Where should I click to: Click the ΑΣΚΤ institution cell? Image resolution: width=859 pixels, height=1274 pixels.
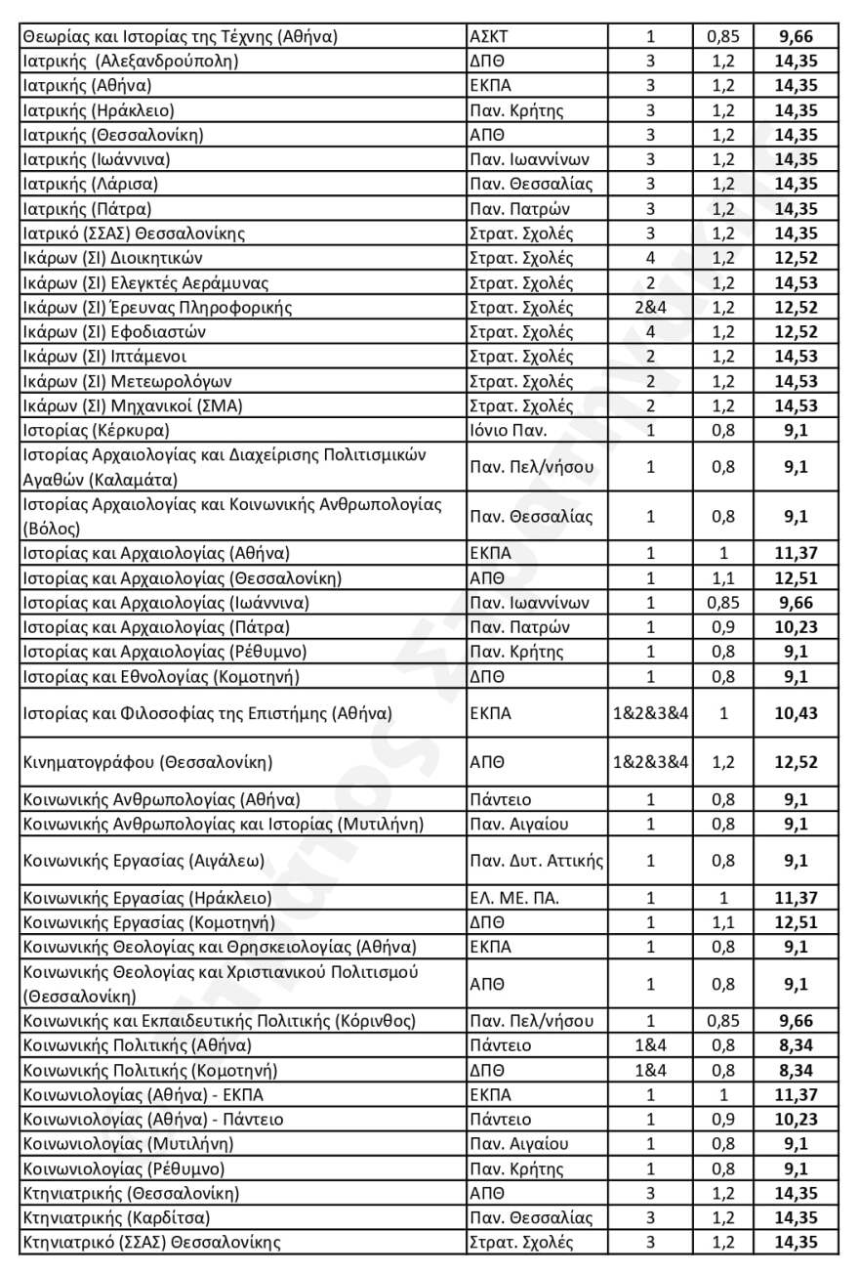click(490, 37)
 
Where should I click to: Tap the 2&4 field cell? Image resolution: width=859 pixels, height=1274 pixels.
click(650, 308)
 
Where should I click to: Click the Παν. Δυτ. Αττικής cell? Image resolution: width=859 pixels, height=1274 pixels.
click(537, 861)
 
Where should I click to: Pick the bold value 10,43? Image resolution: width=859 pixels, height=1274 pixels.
click(796, 714)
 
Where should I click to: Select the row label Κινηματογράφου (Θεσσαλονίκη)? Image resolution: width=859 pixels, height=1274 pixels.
click(146, 761)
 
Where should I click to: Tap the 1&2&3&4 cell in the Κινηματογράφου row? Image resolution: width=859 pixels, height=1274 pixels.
click(650, 761)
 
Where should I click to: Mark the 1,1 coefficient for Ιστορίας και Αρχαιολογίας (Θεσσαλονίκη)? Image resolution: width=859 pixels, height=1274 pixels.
click(723, 577)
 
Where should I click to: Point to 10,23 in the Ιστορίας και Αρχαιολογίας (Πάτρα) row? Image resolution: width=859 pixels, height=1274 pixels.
click(796, 626)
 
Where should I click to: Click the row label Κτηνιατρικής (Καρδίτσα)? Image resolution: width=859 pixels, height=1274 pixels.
click(115, 1217)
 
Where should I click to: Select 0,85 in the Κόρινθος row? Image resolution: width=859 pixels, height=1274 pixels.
click(723, 1021)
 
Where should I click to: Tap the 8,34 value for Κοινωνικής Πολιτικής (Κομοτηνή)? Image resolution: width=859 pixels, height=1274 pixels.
click(796, 1070)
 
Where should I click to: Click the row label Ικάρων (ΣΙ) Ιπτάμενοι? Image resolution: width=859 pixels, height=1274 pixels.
click(103, 357)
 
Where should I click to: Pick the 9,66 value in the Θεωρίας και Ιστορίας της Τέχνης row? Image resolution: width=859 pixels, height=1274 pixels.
click(796, 37)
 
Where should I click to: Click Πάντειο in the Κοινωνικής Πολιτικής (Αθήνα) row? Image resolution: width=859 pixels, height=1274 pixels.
click(501, 1045)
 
